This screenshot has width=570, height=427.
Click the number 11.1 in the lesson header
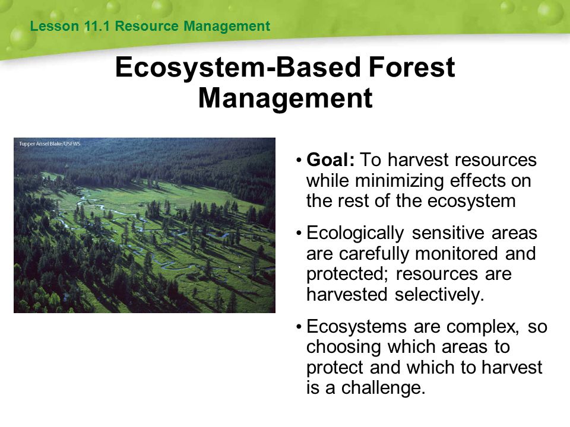coord(97,26)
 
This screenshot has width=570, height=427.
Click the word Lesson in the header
coord(55,26)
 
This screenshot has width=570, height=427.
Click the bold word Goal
coord(330,160)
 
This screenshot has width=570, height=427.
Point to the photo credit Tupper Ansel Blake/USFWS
coord(49,144)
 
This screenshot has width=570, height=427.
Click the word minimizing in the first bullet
coord(399,180)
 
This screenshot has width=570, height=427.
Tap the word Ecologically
coord(355,234)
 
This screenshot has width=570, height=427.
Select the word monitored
coord(456,253)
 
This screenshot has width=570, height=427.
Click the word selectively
coord(439,294)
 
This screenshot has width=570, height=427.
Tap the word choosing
coord(343,348)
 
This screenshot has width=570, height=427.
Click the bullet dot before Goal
coord(299,160)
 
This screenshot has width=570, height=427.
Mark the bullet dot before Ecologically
coord(299,232)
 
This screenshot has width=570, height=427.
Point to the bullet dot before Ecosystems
coord(299,327)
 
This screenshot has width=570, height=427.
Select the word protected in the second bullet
coord(347,275)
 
